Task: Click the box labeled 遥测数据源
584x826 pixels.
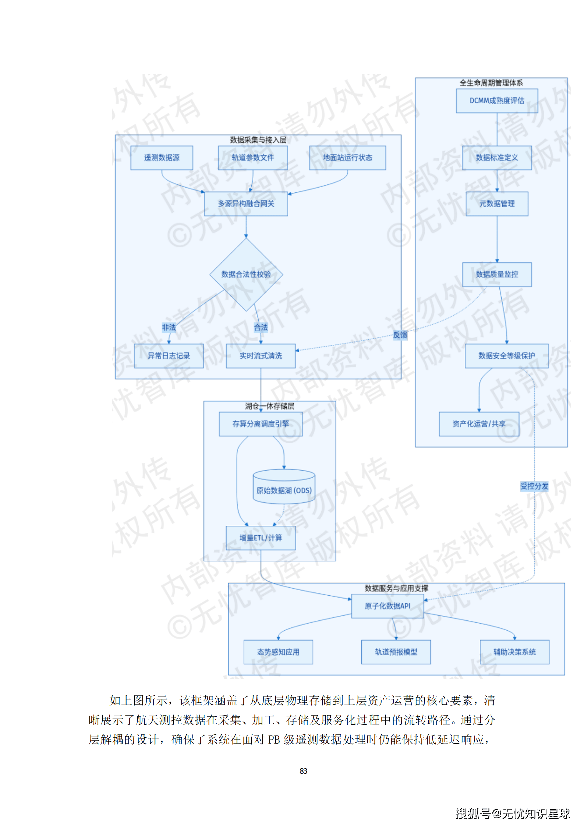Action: [162, 158]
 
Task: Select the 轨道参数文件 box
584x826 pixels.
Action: [253, 158]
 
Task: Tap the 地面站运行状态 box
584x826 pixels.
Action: [347, 158]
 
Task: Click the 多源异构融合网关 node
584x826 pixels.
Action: [246, 204]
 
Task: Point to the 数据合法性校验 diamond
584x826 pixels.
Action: [246, 274]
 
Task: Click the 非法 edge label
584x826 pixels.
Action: [169, 327]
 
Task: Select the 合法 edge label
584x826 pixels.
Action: [261, 327]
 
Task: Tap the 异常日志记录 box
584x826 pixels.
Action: [169, 356]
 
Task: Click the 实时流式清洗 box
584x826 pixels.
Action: [261, 356]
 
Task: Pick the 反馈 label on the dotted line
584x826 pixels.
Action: [400, 335]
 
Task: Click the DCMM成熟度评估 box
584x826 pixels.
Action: [497, 101]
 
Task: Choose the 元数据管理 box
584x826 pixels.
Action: [497, 204]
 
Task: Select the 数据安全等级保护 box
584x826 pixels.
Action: [506, 356]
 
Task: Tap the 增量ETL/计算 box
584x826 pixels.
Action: [261, 538]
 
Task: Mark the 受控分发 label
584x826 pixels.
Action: [534, 486]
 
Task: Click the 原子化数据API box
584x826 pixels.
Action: [387, 606]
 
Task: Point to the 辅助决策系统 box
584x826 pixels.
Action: [514, 652]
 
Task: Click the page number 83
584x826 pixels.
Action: [303, 771]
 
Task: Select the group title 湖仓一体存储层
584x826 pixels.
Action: [270, 406]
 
